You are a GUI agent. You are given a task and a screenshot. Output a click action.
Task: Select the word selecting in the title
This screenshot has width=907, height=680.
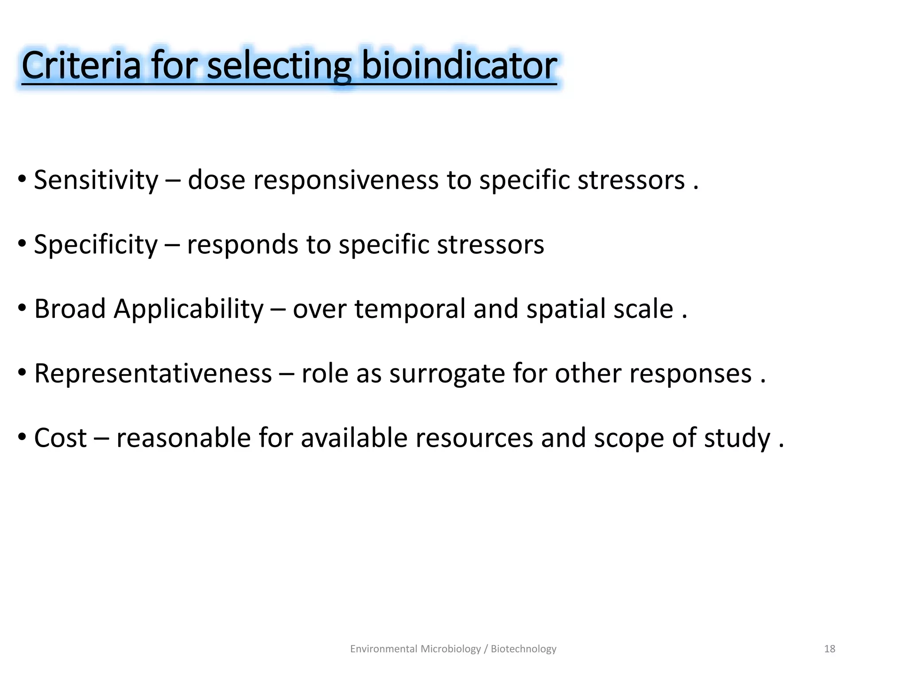click(x=279, y=66)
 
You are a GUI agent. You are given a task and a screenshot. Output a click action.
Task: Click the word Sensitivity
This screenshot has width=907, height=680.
click(x=96, y=180)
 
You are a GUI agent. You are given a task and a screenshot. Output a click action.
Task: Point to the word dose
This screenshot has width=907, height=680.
click(x=216, y=180)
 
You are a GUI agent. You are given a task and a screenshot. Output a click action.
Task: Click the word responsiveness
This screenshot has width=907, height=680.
click(x=345, y=180)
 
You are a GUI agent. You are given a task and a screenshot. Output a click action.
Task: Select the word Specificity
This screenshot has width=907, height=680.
click(x=96, y=244)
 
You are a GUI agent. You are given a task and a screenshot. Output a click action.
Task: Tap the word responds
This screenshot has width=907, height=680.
click(x=243, y=244)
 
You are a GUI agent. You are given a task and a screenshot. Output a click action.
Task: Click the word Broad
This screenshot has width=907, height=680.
click(x=70, y=309)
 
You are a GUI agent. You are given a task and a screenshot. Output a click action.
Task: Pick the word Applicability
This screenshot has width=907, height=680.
click(x=189, y=309)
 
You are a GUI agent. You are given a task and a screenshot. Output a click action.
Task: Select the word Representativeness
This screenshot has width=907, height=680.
click(x=153, y=373)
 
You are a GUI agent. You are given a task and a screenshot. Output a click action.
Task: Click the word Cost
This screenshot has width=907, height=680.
click(x=61, y=438)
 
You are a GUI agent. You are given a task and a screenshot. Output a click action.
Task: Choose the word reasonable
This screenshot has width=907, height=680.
click(x=183, y=438)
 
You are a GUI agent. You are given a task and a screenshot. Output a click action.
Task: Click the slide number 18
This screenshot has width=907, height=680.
click(x=829, y=649)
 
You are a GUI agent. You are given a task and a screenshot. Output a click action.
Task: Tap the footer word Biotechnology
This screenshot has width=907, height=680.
click(x=523, y=649)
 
